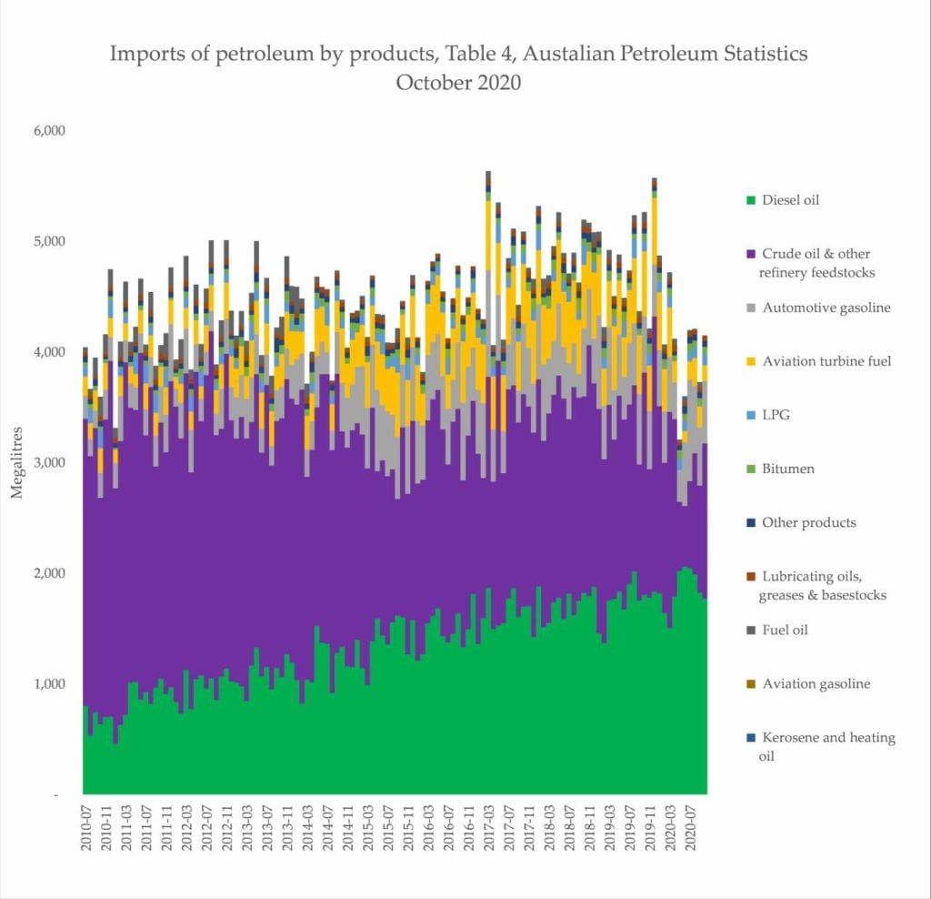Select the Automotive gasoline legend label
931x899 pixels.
pos(826,308)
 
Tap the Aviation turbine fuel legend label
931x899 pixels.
pos(826,361)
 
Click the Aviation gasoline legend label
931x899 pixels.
pos(816,683)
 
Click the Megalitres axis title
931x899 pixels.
pos(15,463)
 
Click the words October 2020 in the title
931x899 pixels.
pos(458,82)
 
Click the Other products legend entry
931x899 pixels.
pos(808,522)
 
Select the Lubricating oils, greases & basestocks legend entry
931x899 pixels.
pos(824,585)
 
